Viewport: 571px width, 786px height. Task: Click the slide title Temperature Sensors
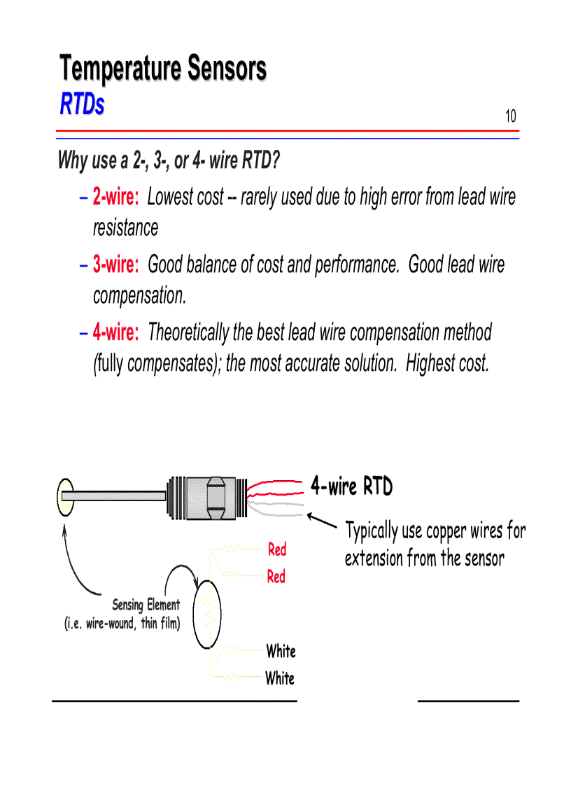(x=162, y=69)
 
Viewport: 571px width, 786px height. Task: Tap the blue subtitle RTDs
(x=82, y=104)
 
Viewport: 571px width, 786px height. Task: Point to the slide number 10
(x=511, y=116)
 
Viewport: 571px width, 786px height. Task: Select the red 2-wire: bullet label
(x=116, y=197)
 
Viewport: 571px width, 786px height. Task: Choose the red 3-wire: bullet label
(x=116, y=265)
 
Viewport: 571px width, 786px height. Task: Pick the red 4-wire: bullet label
(x=116, y=332)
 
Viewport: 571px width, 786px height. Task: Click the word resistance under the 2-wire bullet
(x=126, y=227)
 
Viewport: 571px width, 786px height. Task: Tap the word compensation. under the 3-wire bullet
(x=140, y=295)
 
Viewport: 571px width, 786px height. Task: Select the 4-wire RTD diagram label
(x=351, y=486)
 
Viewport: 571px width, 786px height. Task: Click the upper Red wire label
(x=277, y=549)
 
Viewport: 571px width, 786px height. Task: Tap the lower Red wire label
(x=276, y=577)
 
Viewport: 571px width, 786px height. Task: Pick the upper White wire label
(x=281, y=651)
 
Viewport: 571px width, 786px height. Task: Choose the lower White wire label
(x=280, y=678)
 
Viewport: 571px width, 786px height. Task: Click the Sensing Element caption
(x=146, y=605)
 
